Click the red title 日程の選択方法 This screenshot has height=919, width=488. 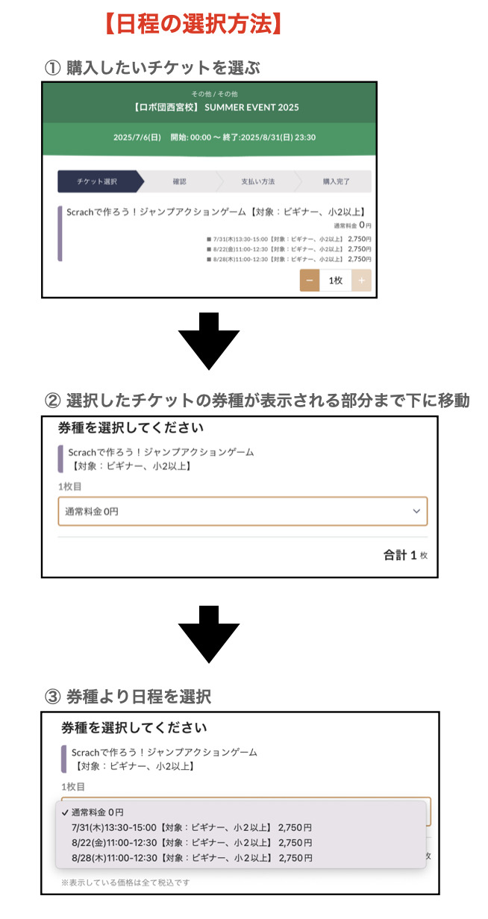coord(193,24)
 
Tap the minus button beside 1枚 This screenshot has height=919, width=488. coord(310,280)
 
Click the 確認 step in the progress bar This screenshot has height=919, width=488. coord(179,181)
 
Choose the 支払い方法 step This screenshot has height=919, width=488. coord(257,181)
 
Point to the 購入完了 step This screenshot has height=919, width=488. coord(336,181)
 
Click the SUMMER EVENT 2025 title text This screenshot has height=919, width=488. coord(251,107)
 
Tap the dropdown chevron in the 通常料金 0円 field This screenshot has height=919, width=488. coord(416,511)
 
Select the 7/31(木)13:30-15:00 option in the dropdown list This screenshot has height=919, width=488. coord(192,827)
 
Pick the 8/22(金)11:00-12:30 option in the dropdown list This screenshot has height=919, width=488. coord(192,843)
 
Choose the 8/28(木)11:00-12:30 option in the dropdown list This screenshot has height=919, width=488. coord(192,858)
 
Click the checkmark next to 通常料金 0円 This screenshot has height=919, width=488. coord(65,812)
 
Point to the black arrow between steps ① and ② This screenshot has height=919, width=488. coord(208,341)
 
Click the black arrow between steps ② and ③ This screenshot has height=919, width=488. coord(208,634)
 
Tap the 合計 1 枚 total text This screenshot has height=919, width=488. coord(405,555)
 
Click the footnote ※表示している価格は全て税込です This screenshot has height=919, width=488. coord(125,882)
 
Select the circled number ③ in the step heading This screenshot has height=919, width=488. coord(52,697)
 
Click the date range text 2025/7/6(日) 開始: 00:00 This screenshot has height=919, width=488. coord(162,137)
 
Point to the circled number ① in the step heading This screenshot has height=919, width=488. coord(52,68)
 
